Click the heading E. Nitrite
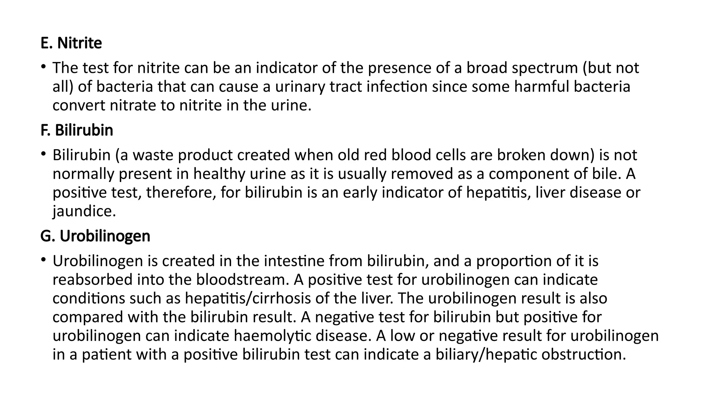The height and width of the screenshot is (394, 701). [71, 43]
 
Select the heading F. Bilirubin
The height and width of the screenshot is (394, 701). [77, 131]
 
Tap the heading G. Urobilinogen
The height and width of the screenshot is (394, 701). [95, 236]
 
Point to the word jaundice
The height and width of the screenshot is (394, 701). [84, 211]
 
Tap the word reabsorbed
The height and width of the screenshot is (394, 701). [92, 280]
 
